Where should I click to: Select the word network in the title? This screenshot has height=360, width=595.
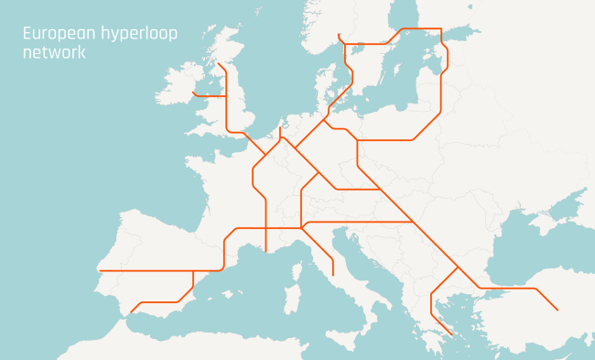click(54, 52)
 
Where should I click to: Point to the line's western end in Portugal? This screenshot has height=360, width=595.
click(99, 271)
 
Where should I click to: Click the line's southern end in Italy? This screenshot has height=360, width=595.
click(333, 275)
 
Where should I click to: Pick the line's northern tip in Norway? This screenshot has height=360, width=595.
click(339, 34)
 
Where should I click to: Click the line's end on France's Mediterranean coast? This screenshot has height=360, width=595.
click(265, 250)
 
